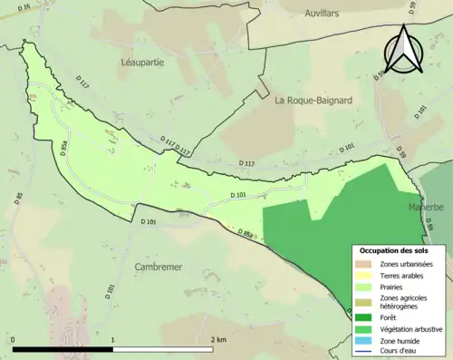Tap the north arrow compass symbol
pyautogui.click(x=405, y=50)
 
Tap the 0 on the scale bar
pyautogui.click(x=13, y=339)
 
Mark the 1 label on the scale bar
pyautogui.click(x=112, y=339)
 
